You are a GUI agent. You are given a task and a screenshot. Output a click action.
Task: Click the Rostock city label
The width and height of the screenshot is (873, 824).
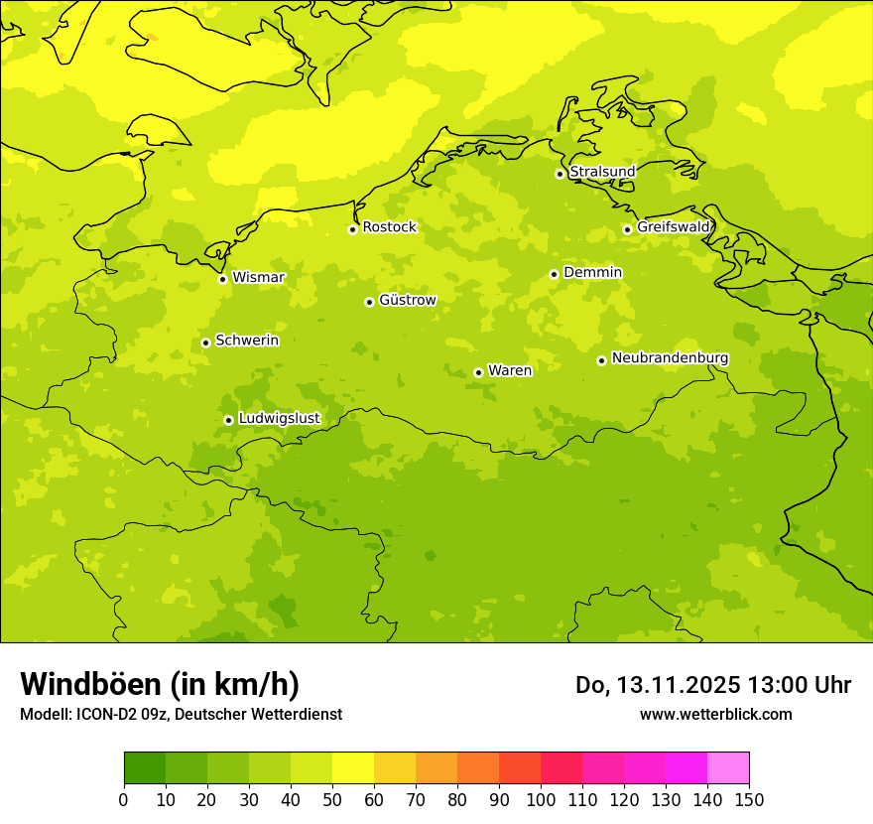(389, 227)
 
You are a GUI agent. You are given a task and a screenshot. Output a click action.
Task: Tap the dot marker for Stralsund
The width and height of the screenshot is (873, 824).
(560, 174)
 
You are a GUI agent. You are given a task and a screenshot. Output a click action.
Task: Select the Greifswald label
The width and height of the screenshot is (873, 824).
(674, 227)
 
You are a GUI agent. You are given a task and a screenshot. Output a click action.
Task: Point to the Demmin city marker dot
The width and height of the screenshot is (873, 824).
(554, 274)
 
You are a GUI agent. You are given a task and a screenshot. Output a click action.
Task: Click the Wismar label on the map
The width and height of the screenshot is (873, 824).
(258, 277)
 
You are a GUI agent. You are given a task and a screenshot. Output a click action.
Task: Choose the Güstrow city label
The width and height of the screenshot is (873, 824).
(407, 300)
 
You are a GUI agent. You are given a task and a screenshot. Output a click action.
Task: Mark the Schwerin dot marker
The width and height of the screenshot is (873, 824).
(205, 343)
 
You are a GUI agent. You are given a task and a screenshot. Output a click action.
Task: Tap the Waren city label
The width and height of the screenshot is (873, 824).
(510, 370)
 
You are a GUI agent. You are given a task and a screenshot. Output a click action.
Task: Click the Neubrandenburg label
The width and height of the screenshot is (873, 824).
(670, 358)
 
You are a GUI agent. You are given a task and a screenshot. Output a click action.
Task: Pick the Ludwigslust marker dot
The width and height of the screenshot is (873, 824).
(228, 420)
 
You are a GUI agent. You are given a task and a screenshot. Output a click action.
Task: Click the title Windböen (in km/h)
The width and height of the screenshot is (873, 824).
(160, 684)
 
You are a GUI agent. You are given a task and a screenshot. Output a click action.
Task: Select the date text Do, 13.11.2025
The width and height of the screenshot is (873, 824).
(657, 685)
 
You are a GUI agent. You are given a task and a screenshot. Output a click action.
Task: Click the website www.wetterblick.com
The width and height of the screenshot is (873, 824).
(715, 715)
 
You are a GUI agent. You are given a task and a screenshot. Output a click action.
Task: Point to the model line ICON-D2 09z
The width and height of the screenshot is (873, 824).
(181, 715)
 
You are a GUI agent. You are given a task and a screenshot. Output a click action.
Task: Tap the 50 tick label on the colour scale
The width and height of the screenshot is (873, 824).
(332, 799)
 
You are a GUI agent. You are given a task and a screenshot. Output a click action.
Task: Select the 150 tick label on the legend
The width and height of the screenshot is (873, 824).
(749, 799)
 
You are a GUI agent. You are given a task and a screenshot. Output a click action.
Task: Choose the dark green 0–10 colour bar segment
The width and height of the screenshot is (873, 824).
(145, 768)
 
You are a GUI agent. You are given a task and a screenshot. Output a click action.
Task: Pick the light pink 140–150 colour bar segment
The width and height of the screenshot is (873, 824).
(728, 768)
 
